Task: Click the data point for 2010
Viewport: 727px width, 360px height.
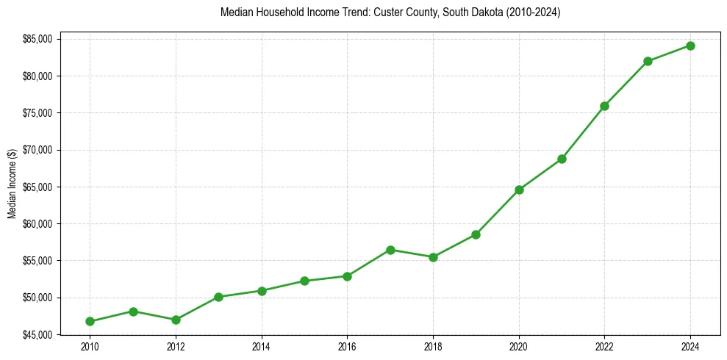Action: [90, 321]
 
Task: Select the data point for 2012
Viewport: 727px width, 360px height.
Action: [176, 320]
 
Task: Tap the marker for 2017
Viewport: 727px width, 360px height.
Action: [390, 250]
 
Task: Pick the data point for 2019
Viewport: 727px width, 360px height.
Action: [476, 234]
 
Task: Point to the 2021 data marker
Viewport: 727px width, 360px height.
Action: [562, 159]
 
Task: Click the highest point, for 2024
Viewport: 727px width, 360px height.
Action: [690, 46]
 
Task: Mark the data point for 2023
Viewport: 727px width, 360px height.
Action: [648, 61]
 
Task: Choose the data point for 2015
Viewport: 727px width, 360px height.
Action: [304, 281]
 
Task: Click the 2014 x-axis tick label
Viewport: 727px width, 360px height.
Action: [262, 346]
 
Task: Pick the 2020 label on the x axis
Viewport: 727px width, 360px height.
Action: [519, 346]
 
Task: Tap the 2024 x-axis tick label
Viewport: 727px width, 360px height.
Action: [690, 346]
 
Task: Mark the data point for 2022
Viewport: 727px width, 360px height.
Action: [604, 106]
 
